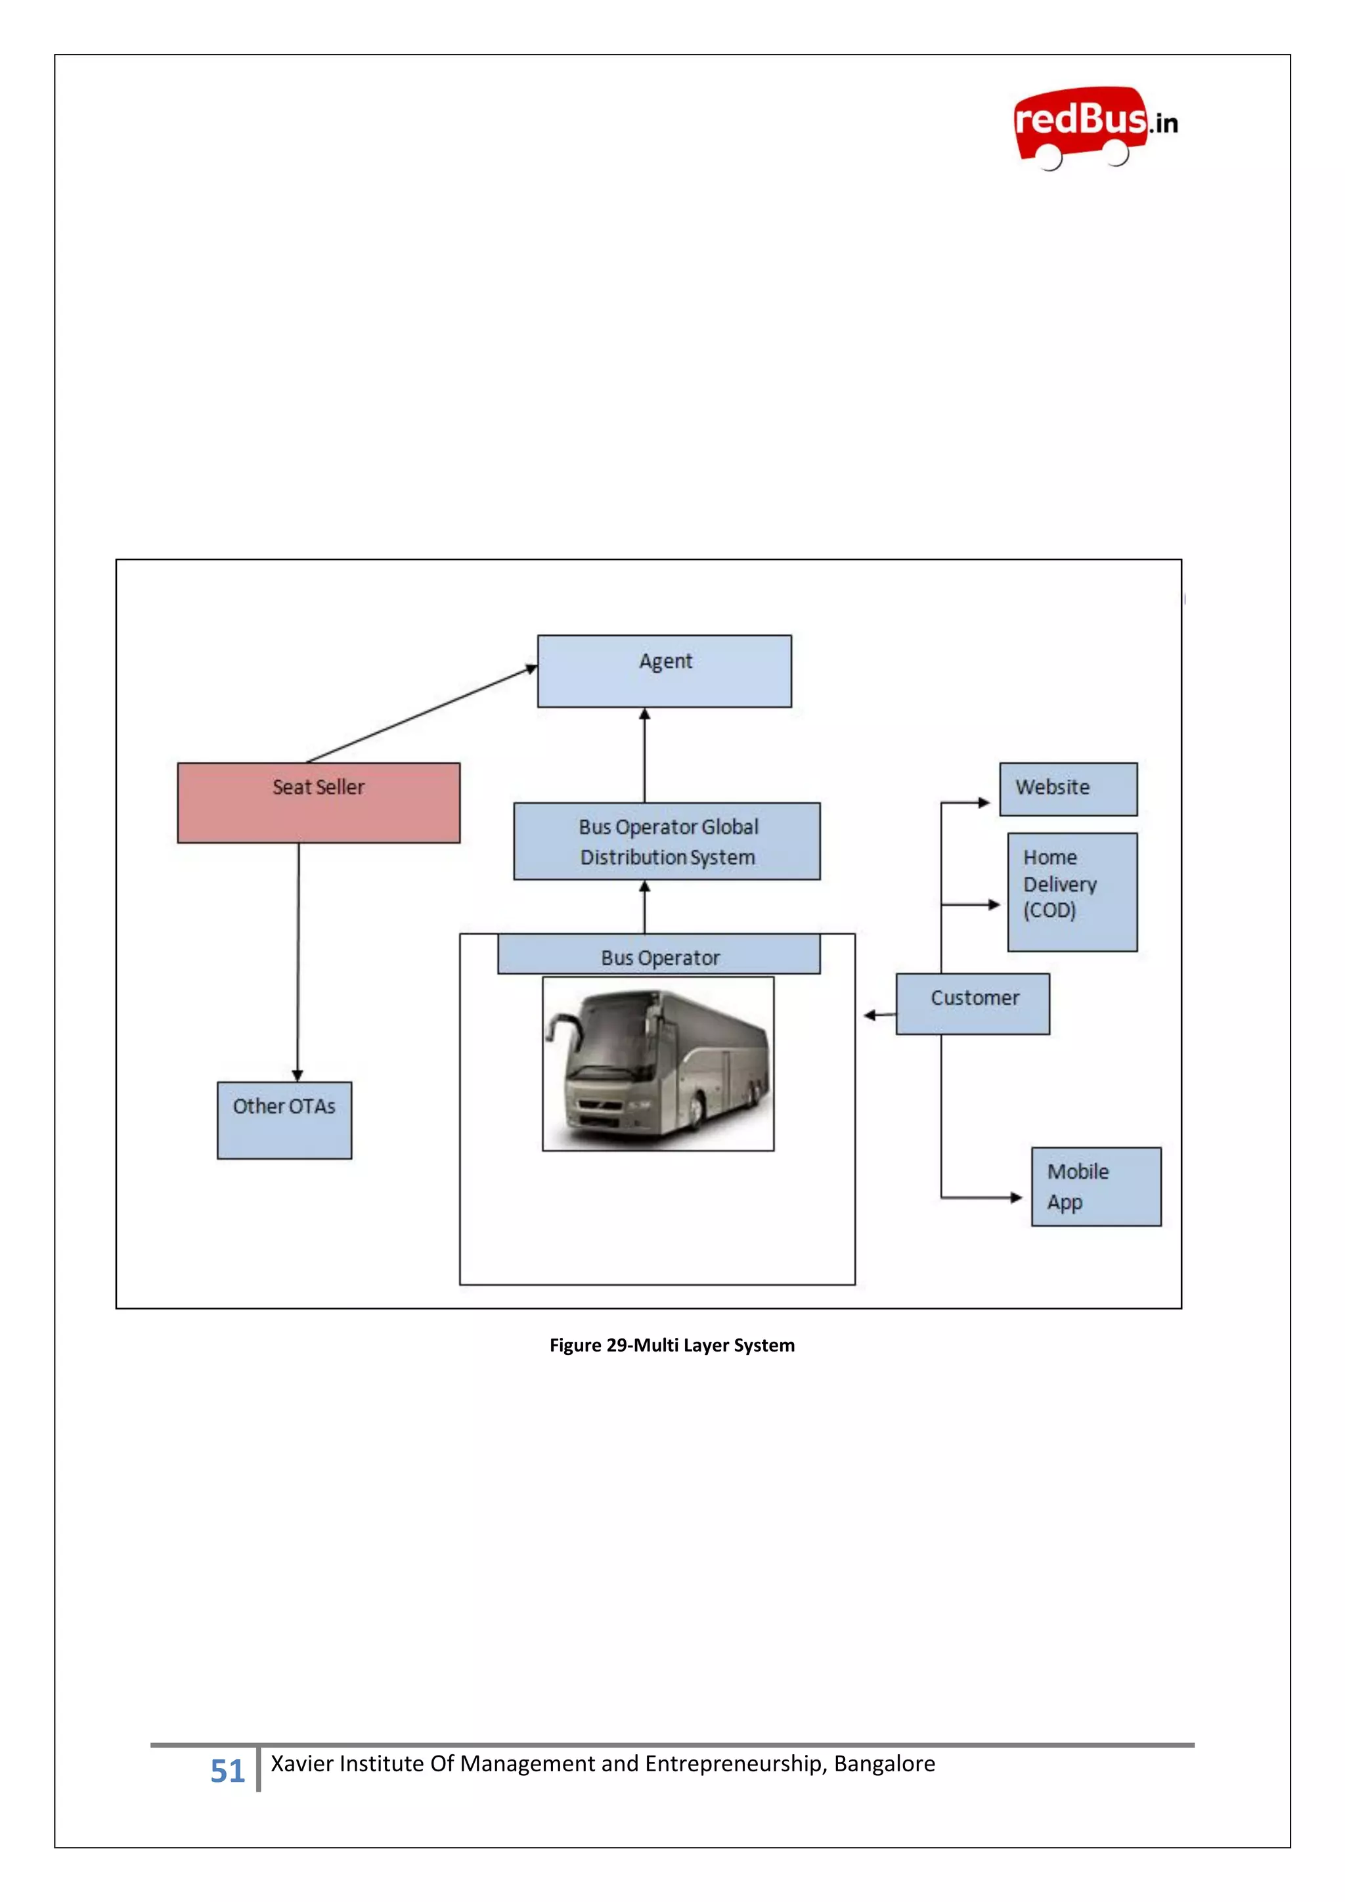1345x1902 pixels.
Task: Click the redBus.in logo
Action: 1094,127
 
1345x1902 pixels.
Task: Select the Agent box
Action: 664,671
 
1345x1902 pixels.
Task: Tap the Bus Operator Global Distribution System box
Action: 667,841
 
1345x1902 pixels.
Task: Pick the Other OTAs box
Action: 284,1119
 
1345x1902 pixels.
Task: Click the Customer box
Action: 973,1003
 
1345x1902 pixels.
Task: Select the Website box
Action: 1068,789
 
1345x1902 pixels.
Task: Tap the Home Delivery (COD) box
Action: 1072,891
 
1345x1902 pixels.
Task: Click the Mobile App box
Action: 1095,1185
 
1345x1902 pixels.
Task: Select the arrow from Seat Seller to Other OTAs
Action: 298,961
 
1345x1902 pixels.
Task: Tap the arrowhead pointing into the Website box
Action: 983,802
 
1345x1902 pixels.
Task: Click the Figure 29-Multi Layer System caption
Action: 672,1344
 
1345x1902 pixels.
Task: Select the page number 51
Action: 227,1770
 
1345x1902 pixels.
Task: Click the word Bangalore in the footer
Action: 884,1763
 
